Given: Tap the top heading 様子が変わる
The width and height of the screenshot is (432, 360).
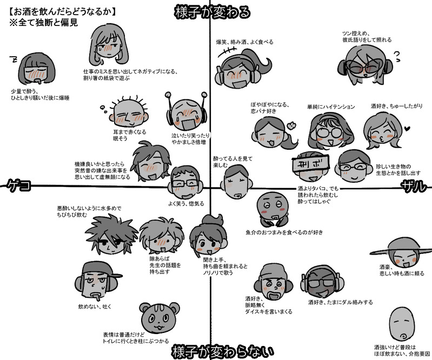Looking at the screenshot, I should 212,12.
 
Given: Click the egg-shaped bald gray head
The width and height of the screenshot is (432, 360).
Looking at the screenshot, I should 402,322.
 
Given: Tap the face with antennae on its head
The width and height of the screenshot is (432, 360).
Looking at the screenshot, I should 185,111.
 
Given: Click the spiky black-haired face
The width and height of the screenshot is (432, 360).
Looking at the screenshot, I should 111,234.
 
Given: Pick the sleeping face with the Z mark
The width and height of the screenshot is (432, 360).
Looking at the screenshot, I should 36,70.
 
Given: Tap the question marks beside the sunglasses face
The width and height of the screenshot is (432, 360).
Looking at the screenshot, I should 397,54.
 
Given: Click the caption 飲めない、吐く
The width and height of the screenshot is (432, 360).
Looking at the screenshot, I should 95,307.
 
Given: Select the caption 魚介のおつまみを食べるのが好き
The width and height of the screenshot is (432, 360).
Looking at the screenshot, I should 284,232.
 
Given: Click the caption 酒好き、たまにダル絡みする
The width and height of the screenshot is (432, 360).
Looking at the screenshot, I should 341,302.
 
